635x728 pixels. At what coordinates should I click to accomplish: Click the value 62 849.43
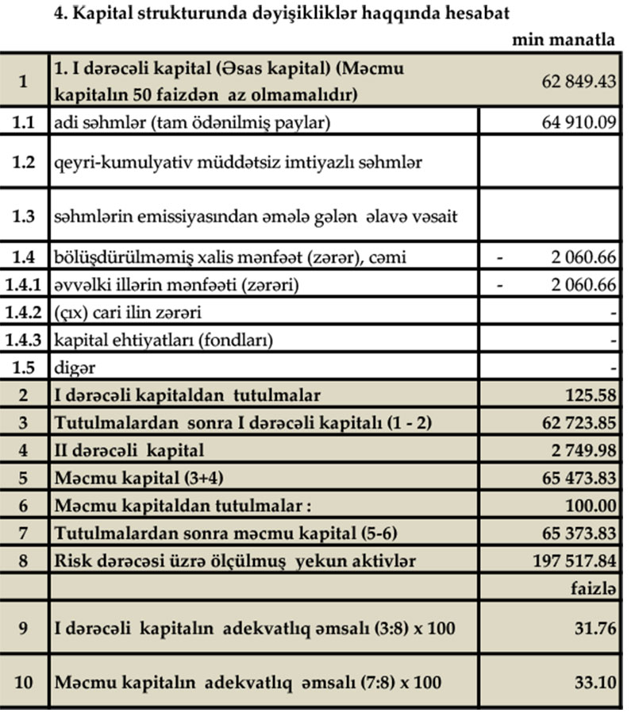[579, 82]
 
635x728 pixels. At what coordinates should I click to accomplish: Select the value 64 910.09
[579, 122]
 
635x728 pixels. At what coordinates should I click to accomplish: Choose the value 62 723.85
[579, 422]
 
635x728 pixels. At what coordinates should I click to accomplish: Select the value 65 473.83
[579, 478]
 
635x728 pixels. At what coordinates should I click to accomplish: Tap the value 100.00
[590, 506]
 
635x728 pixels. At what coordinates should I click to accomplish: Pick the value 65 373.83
[579, 533]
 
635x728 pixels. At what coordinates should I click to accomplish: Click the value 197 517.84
[575, 561]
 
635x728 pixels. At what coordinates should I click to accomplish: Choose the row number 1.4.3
[25, 341]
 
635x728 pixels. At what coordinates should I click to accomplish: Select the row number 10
[25, 683]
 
